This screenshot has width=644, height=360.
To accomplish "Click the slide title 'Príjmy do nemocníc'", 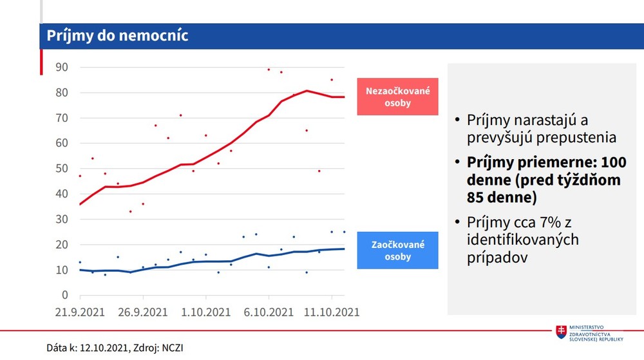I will (117, 35).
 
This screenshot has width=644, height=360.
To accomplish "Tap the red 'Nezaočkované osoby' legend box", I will (397, 97).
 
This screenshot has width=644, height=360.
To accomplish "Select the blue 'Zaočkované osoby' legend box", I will (397, 251).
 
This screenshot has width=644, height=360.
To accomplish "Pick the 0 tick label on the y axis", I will (65, 296).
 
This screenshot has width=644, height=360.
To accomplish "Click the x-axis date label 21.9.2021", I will (80, 312).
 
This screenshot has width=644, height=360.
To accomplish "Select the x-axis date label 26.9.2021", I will (143, 312).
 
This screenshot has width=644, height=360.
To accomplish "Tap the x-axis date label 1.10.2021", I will (205, 312).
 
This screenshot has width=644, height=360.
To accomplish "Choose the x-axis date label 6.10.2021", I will (269, 312).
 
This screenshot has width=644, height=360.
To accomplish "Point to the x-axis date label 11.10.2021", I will (331, 312).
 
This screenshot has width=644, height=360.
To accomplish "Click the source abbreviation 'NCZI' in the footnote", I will (179, 348).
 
